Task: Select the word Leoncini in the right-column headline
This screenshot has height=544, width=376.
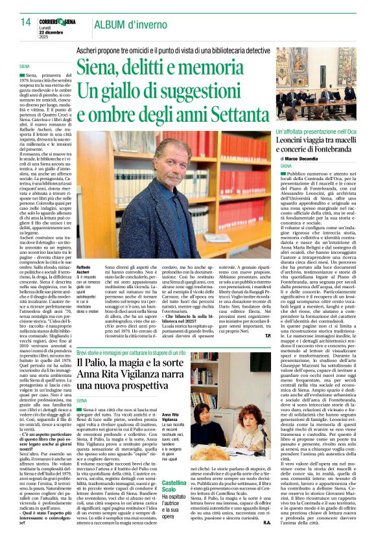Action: pos(292,140)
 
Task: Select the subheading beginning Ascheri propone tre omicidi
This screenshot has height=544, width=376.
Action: pos(181,48)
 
